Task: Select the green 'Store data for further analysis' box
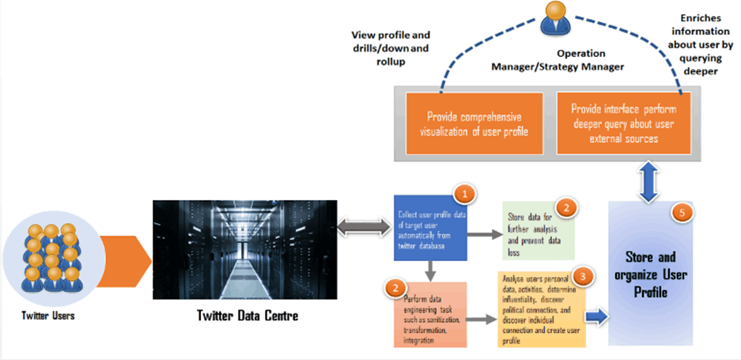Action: tap(538, 229)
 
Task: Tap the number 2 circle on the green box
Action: tap(565, 207)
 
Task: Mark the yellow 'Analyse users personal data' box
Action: tap(542, 310)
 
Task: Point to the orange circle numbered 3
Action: tap(582, 277)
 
